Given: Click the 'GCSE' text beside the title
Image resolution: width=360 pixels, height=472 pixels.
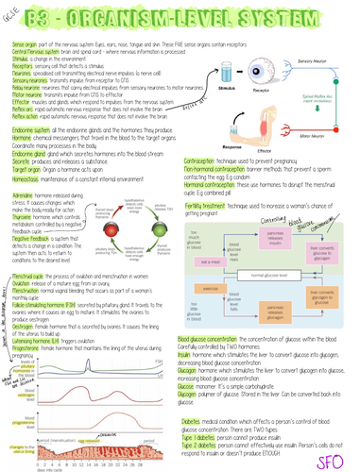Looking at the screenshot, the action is click(11, 12).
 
